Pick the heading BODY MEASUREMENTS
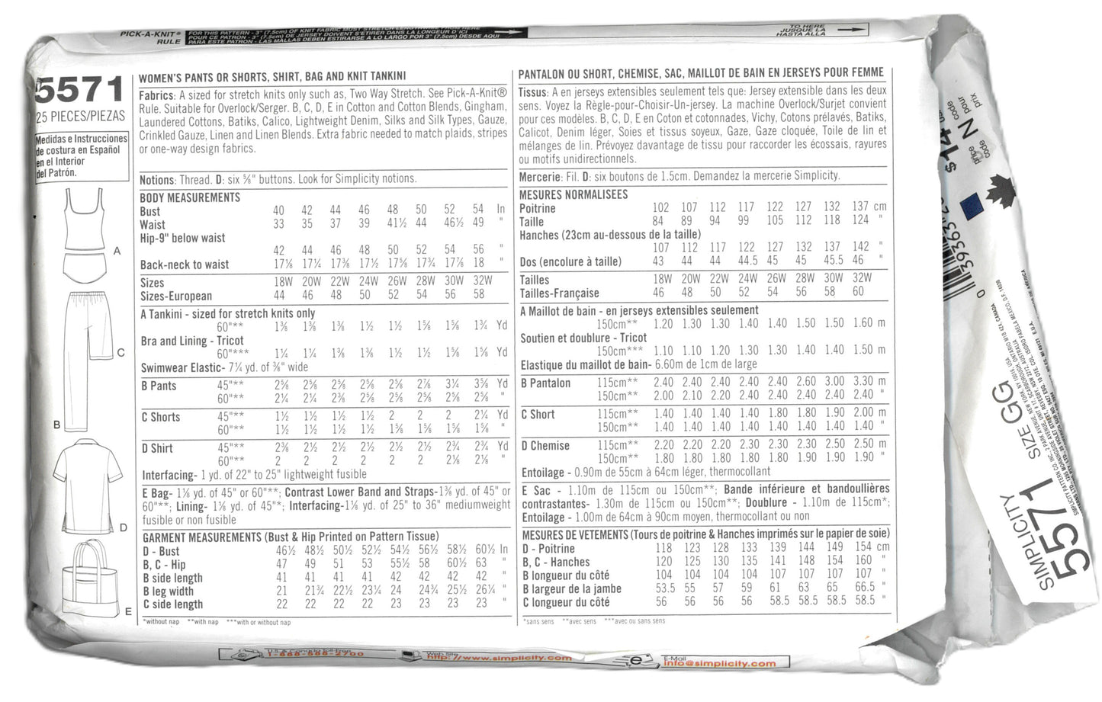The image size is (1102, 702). tap(190, 197)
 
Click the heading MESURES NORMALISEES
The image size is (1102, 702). tap(573, 194)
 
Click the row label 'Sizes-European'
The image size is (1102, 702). tap(176, 296)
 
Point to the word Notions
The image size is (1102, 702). tap(156, 179)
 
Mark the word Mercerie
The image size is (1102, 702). tap(539, 175)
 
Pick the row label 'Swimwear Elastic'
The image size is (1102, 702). tap(180, 368)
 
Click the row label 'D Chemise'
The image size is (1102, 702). tap(545, 445)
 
